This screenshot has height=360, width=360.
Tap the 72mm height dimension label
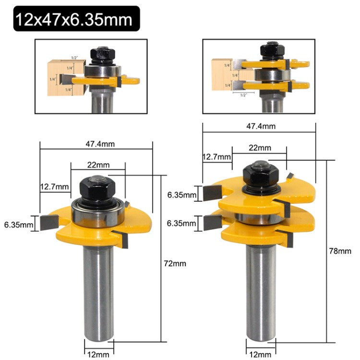[172, 264]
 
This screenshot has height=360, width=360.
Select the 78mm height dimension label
[341, 251]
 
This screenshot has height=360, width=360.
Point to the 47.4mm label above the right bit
[262, 127]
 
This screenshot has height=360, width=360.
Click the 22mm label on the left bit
[98, 165]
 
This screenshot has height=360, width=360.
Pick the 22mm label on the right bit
[260, 148]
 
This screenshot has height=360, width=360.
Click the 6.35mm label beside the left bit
[18, 224]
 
